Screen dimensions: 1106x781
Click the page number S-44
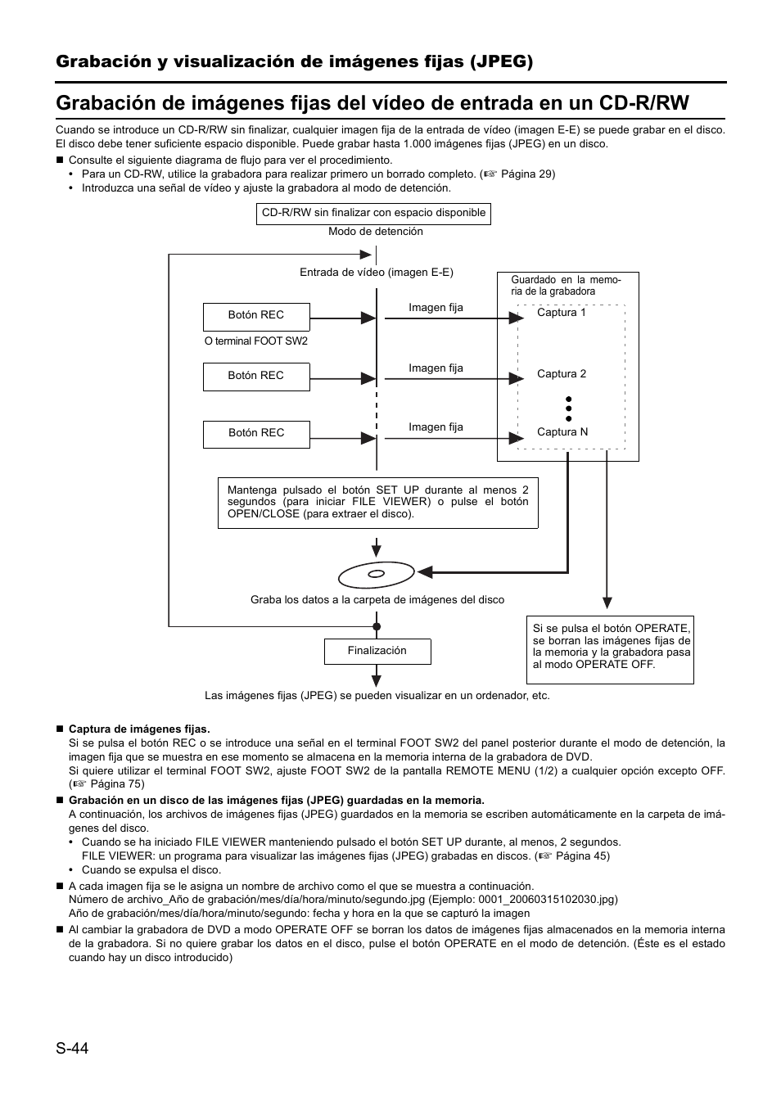[71, 1048]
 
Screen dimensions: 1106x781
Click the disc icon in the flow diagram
[377, 575]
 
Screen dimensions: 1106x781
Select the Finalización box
[377, 651]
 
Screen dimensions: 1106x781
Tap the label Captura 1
[561, 313]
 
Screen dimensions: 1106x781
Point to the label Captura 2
[561, 374]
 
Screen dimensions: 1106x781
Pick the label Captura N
[562, 432]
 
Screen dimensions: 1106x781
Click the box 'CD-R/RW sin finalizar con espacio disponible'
[373, 213]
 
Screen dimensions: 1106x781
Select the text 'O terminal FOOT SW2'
[256, 341]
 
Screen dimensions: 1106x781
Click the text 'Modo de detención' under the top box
[376, 232]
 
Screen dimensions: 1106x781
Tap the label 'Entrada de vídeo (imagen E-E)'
[376, 273]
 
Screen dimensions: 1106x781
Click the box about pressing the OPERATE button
[611, 647]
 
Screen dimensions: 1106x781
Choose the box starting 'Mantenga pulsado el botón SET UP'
[377, 502]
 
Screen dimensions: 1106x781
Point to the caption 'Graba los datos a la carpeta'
[377, 600]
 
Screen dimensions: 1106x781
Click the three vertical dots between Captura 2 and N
[568, 409]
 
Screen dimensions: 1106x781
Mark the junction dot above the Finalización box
[377, 626]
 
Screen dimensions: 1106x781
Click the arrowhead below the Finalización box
[377, 678]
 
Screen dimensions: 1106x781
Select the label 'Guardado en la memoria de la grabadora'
[566, 285]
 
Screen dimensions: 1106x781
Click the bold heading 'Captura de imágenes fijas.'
[139, 729]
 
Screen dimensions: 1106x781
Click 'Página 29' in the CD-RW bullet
[527, 174]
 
